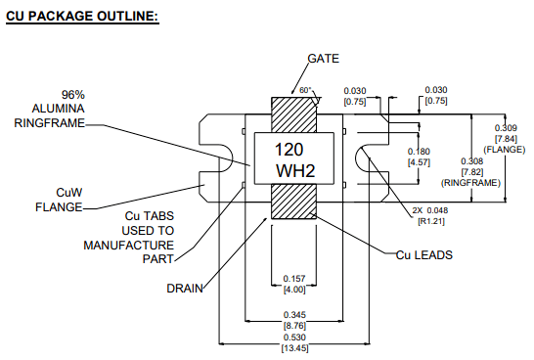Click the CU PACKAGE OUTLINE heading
pyautogui.click(x=82, y=16)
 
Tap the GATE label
pyautogui.click(x=323, y=59)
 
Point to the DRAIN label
pyautogui.click(x=185, y=289)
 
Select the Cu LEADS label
pyautogui.click(x=424, y=255)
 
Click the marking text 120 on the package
pyautogui.click(x=289, y=150)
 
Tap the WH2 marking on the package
pyautogui.click(x=295, y=170)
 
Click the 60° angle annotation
pyautogui.click(x=305, y=90)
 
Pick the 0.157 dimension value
pyautogui.click(x=294, y=279)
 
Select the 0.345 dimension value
pyautogui.click(x=294, y=314)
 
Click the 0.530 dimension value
pyautogui.click(x=294, y=337)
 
